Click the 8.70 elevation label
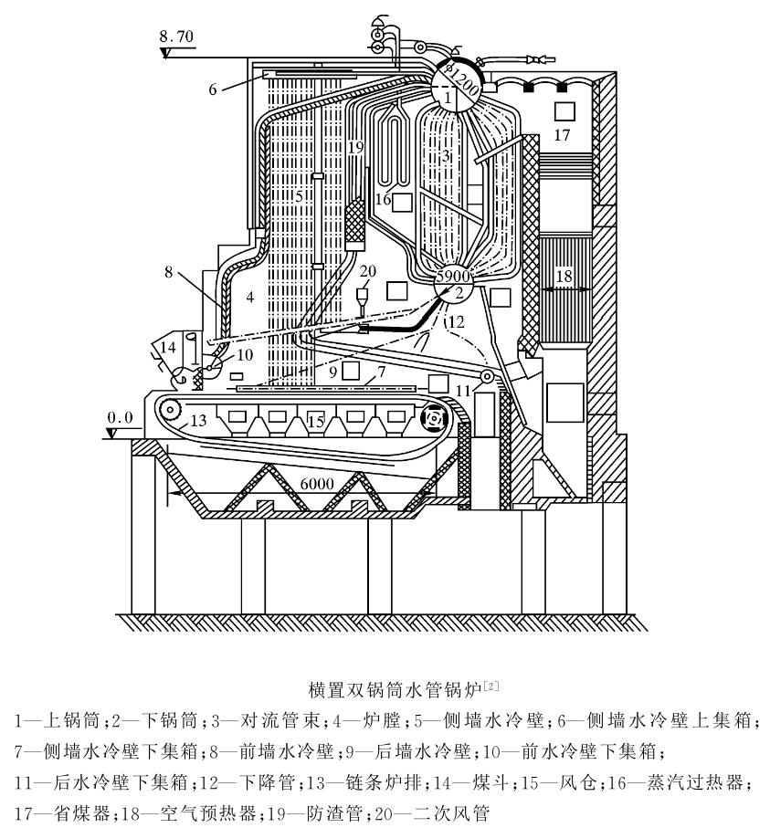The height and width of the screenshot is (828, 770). pos(175,37)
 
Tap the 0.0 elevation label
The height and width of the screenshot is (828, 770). pos(121,417)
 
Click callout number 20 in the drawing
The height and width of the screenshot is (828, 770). pos(367,270)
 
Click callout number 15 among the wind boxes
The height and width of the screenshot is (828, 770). pos(315,422)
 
